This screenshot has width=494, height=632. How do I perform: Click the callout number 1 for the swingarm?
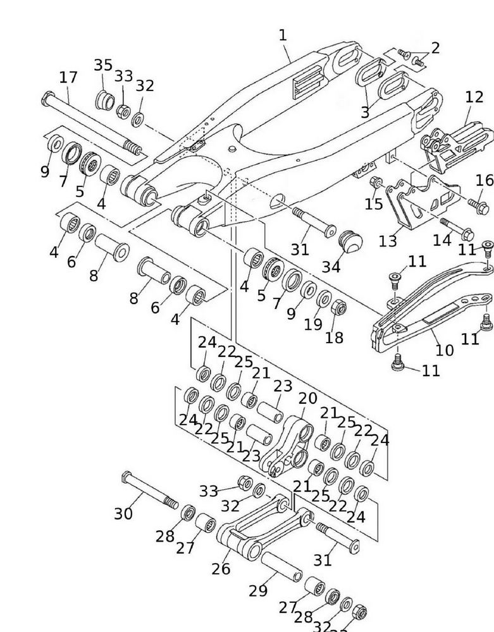(283, 36)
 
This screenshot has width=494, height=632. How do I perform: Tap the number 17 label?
(68, 78)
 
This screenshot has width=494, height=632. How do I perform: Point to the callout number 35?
(103, 66)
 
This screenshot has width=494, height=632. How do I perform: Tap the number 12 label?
(474, 97)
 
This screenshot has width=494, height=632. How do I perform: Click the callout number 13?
(387, 241)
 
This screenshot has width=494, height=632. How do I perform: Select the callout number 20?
(307, 399)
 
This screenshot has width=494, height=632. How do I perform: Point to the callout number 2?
(435, 48)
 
